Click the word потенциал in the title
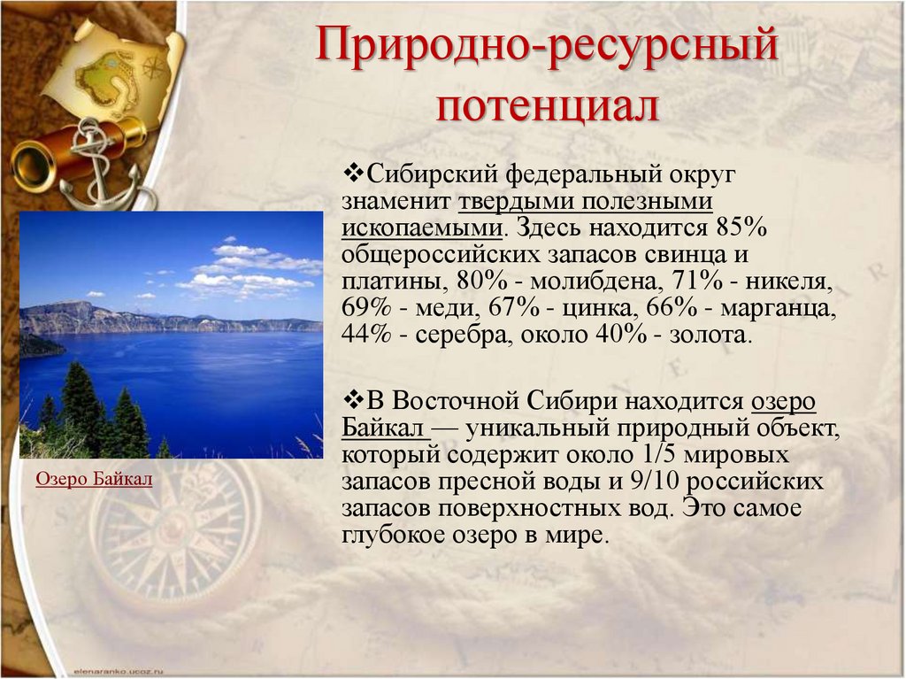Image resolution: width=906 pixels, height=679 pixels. pos(547,105)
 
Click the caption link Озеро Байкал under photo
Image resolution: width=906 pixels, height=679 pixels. pos(94,479)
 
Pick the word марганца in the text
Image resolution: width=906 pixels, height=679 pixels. pos(779,309)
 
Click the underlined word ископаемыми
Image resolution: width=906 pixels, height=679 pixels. pos(422,228)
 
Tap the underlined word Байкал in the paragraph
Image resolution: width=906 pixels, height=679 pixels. pos(383,428)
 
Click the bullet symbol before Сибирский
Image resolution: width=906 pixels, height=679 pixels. pos(353,173)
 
